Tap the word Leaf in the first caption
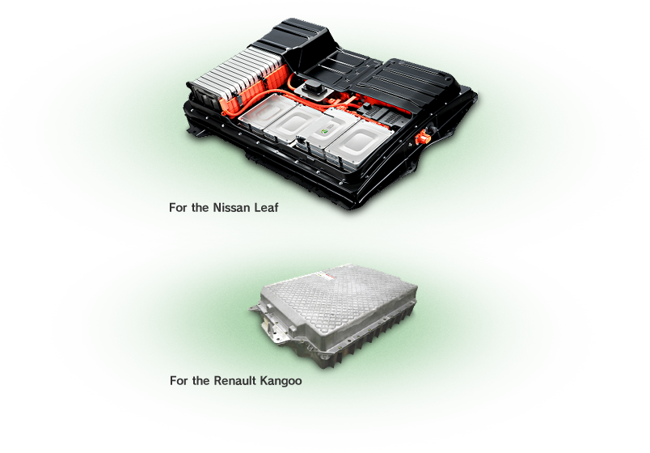(x=266, y=207)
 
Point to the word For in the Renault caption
(x=178, y=380)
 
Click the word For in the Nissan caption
(x=177, y=207)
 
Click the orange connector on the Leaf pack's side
(x=422, y=138)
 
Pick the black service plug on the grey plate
(x=313, y=88)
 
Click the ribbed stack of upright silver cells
(x=236, y=74)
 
